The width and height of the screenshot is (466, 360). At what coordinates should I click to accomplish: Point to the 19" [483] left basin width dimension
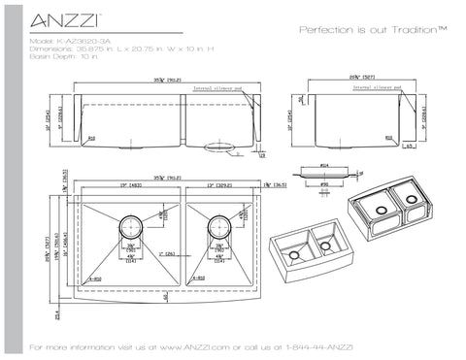point(122,184)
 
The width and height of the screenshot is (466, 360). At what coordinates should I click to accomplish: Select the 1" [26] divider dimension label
point(171,255)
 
